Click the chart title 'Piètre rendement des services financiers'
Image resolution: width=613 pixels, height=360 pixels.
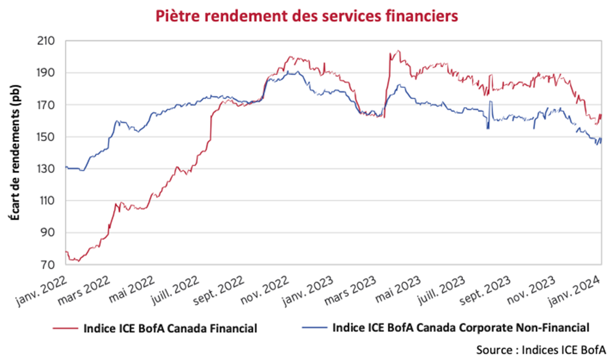pyautogui.click(x=306, y=16)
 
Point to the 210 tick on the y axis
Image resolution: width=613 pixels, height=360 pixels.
pyautogui.click(x=46, y=41)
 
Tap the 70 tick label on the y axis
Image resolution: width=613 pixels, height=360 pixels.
pyautogui.click(x=47, y=265)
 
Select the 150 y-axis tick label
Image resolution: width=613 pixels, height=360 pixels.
pyautogui.click(x=46, y=137)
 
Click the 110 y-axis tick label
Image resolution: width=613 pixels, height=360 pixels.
pyautogui.click(x=46, y=201)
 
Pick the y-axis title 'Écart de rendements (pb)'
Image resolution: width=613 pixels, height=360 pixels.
pyautogui.click(x=15, y=152)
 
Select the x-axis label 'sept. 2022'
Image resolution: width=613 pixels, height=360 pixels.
pyautogui.click(x=219, y=291)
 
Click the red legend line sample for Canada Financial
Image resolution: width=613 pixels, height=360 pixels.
pyautogui.click(x=65, y=328)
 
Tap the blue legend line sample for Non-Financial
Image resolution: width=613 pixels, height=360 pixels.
pyautogui.click(x=314, y=328)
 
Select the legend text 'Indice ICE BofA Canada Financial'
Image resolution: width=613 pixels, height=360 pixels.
pyautogui.click(x=170, y=328)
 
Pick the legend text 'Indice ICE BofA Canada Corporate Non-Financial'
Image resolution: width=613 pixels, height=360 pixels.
pyautogui.click(x=461, y=328)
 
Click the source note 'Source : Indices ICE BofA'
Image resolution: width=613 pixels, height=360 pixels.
pyautogui.click(x=541, y=350)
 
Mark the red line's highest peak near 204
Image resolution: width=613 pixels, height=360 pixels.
pyautogui.click(x=398, y=51)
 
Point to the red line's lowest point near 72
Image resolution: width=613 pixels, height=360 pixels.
pyautogui.click(x=78, y=261)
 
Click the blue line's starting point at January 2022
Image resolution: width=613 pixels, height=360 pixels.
pyautogui.click(x=66, y=167)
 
